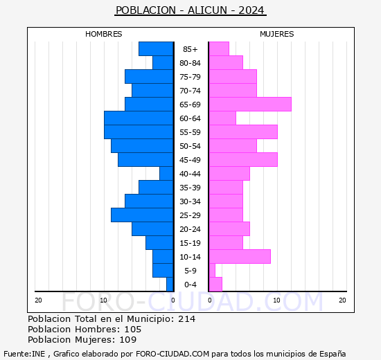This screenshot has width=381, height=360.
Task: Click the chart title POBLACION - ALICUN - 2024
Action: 190,10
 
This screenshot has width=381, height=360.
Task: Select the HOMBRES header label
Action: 103,34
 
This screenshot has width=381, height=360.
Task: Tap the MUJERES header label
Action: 276,34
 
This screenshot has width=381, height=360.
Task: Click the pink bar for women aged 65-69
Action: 249,104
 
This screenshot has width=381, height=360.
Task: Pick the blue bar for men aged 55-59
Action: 139,132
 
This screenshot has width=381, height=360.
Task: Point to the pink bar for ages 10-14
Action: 239,256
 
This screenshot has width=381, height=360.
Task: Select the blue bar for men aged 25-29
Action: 142,215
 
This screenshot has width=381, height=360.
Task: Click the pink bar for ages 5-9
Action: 212,270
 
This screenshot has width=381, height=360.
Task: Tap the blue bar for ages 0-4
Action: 170,284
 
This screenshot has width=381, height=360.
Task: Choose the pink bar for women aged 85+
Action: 218,48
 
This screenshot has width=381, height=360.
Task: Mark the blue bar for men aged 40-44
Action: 166,173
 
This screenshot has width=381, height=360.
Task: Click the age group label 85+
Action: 190,49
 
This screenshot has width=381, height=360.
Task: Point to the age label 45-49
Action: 190,160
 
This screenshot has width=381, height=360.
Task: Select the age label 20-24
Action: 190,229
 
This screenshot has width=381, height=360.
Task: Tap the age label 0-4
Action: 190,285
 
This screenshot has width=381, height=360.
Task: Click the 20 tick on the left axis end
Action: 39,300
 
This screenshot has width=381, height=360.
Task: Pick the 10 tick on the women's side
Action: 276,300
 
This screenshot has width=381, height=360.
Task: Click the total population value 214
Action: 186,319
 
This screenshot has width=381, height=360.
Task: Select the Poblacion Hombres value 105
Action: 132,330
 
